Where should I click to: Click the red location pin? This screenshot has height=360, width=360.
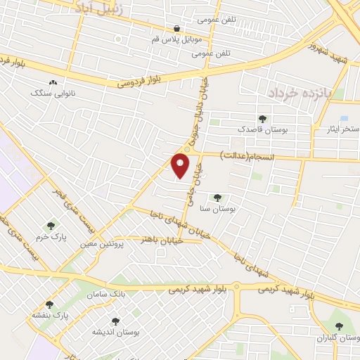pos(181,165)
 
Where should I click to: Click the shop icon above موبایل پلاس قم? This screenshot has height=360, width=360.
pos(176,29)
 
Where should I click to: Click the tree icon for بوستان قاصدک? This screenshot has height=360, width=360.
pos(262,120)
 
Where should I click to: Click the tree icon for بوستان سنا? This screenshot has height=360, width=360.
pos(217,198)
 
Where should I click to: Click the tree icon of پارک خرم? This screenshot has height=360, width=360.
pos(50,226)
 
